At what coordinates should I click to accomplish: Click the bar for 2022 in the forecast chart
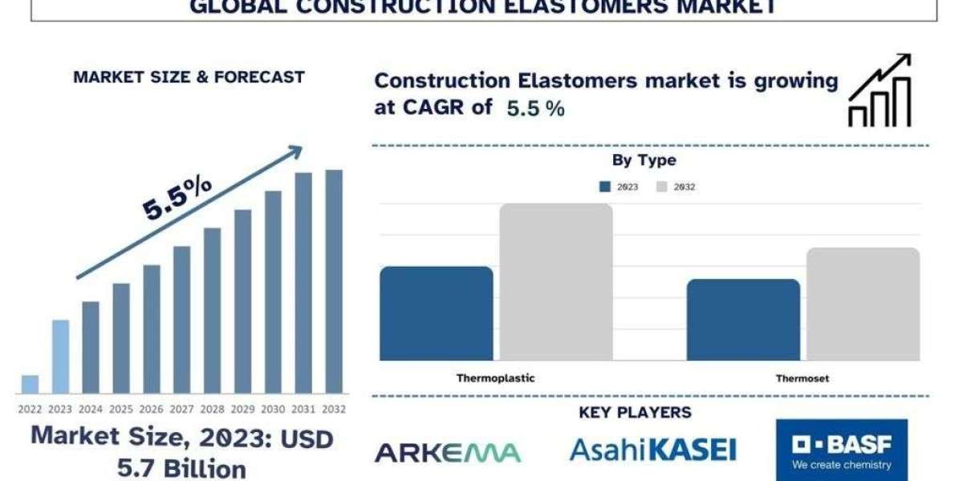[x=30, y=384]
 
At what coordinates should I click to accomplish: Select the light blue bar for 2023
[x=61, y=357]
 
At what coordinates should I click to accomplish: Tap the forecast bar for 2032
[x=334, y=281]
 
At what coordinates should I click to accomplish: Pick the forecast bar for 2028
[x=213, y=310]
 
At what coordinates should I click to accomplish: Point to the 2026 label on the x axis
[x=152, y=410]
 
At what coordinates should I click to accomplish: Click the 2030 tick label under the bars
[x=273, y=410]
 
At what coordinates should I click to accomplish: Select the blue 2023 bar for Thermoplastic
[x=437, y=313]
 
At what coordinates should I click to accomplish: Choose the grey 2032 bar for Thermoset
[x=863, y=304]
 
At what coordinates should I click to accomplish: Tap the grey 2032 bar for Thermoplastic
[x=556, y=282]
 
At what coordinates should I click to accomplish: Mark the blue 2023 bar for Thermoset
[x=743, y=320]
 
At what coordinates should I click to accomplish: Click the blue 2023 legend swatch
[x=605, y=187]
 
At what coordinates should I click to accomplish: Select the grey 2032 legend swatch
[x=661, y=187]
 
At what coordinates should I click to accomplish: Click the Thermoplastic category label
[x=496, y=378]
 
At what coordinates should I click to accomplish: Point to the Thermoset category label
[x=802, y=378]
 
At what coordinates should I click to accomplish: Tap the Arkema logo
[x=448, y=453]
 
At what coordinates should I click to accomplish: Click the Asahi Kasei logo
[x=653, y=450]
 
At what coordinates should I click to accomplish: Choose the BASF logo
[x=842, y=450]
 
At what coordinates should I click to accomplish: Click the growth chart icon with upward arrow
[x=880, y=90]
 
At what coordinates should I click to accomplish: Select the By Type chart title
[x=644, y=160]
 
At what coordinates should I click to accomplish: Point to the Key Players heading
[x=635, y=412]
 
